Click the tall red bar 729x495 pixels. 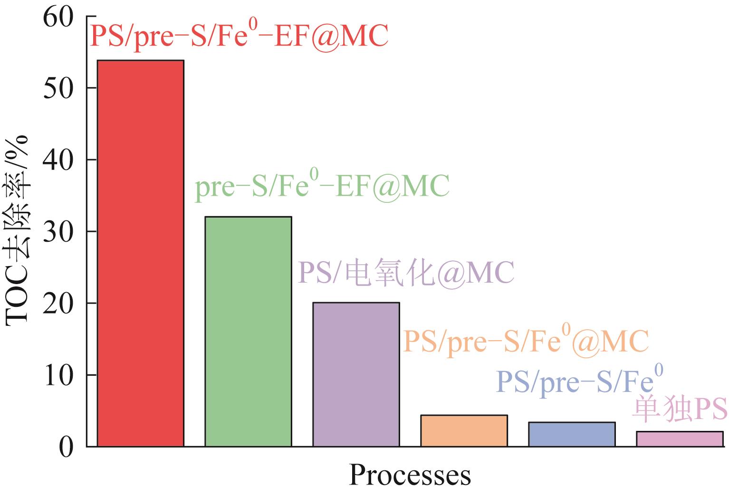click(140, 253)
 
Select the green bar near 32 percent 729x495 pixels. click(248, 332)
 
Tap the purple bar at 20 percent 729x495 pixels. click(356, 374)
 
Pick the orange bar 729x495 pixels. click(464, 431)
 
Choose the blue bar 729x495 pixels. click(572, 434)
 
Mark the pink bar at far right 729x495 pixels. click(680, 439)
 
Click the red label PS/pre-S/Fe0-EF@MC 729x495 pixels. click(239, 36)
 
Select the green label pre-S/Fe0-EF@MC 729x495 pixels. click(322, 187)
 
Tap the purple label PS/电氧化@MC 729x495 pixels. click(406, 273)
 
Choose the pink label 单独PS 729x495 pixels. click(680, 409)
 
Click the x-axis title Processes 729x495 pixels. click(410, 476)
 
